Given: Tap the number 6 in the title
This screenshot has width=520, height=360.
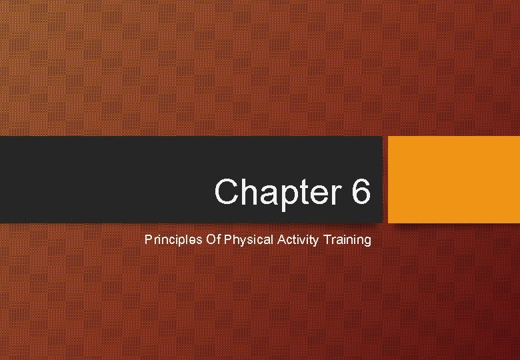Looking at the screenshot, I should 359,192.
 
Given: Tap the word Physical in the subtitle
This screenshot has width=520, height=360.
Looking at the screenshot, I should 249,239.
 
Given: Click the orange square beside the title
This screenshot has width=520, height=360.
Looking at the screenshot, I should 453,179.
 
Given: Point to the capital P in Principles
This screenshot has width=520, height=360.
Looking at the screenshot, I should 148,239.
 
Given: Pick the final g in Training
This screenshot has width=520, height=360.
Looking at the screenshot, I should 367,241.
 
